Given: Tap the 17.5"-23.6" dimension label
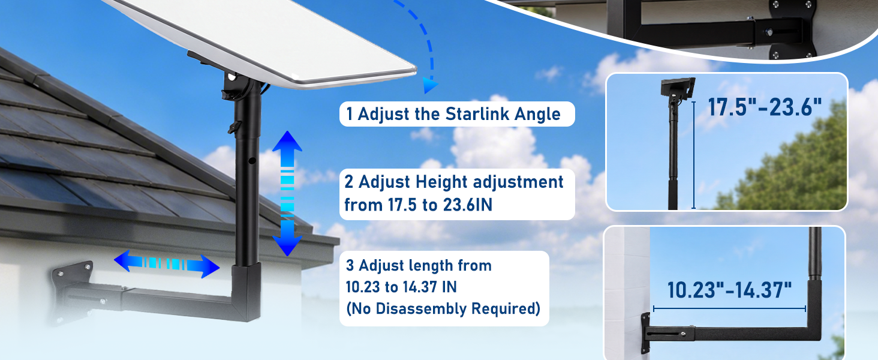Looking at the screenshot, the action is (765, 107).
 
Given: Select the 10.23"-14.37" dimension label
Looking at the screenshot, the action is (729, 290).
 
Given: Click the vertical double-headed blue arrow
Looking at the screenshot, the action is (287, 193).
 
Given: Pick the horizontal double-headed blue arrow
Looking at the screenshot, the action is (167, 263).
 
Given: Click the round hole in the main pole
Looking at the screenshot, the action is (252, 160).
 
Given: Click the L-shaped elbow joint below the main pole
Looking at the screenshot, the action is (246, 292).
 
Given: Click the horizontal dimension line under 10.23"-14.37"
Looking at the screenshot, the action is (729, 309).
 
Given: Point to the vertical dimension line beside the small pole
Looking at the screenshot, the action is (694, 155).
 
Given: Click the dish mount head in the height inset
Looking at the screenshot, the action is (678, 88).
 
